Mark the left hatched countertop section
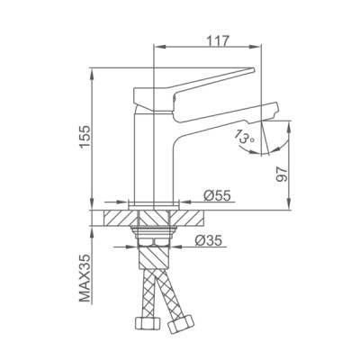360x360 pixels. click(122, 219)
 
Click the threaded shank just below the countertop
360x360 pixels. click(155, 236)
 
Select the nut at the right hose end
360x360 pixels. click(188, 322)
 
